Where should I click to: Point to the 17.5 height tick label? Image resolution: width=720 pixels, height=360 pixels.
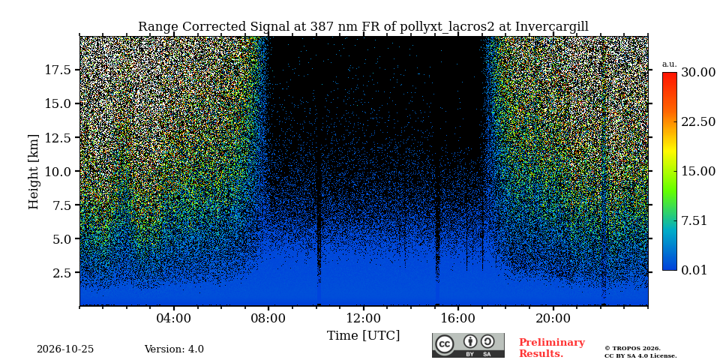point(58,70)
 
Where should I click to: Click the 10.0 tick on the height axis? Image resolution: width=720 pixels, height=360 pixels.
point(58,171)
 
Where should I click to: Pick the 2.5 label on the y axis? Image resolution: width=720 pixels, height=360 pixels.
point(61,273)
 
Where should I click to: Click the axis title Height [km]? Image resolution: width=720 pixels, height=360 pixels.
point(34,172)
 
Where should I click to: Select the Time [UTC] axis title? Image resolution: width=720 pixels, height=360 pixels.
point(363,336)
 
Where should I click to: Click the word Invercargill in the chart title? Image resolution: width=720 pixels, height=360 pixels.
point(551,27)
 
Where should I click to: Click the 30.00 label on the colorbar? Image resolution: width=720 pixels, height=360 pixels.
point(698,73)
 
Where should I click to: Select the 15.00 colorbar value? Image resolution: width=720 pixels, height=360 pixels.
point(698,171)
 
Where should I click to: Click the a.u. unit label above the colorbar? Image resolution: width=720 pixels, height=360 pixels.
point(670,64)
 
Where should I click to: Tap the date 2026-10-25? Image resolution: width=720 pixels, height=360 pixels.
point(65,349)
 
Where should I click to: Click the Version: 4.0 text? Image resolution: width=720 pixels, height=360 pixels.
point(174,349)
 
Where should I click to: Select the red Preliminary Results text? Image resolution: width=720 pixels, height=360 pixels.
point(552,348)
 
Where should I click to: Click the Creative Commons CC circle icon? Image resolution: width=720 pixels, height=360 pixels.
point(445,345)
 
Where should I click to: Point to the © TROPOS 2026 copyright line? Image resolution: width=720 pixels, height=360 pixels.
point(632,349)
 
